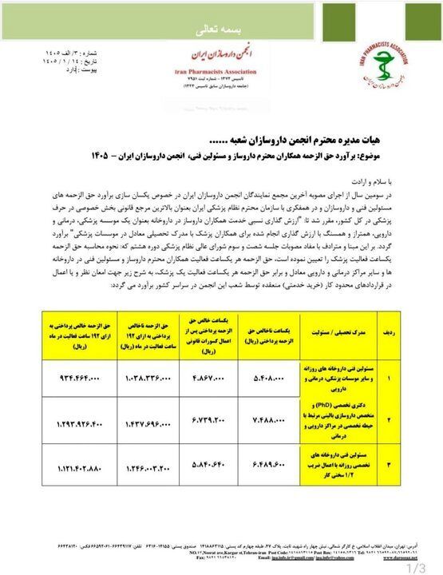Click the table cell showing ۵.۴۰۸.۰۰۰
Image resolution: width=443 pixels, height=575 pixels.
coord(282,373)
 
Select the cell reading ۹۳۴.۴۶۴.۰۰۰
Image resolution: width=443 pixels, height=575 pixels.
coord(77,373)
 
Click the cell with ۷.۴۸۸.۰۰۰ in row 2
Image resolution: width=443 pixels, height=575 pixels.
coord(282,419)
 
